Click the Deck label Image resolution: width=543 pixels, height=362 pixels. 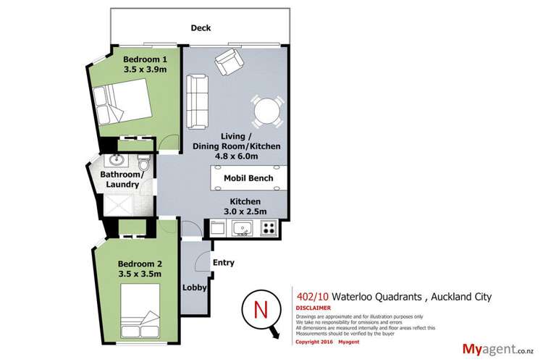click(x=200, y=28)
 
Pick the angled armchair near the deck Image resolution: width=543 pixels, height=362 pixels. click(x=228, y=63)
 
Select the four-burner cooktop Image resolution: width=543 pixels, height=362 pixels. click(x=269, y=229)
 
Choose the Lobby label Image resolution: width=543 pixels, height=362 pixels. click(x=195, y=287)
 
